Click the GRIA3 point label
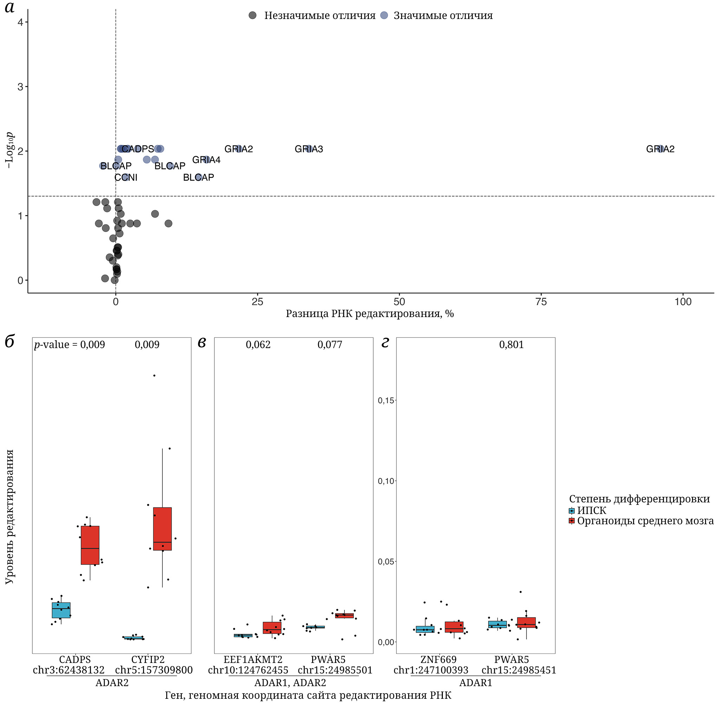309,149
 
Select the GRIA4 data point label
206,160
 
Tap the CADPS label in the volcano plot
138,149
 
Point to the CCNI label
126,178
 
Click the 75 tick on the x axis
541,302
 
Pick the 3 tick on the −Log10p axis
20,87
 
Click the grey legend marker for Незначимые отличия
253,15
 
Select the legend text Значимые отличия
443,15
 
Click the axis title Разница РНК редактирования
370,314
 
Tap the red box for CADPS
90,545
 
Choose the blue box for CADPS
61,610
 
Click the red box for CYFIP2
162,529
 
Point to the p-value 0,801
511,344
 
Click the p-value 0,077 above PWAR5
330,344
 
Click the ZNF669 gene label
438,659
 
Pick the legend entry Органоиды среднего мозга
645,521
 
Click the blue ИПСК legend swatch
571,511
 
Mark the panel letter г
385,343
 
